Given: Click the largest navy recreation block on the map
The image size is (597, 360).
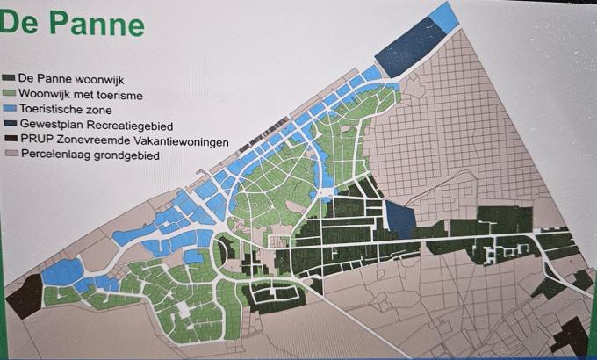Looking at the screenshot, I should pyautogui.click(x=409, y=43).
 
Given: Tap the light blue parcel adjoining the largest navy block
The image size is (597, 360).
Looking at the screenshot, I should pyautogui.click(x=444, y=17).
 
